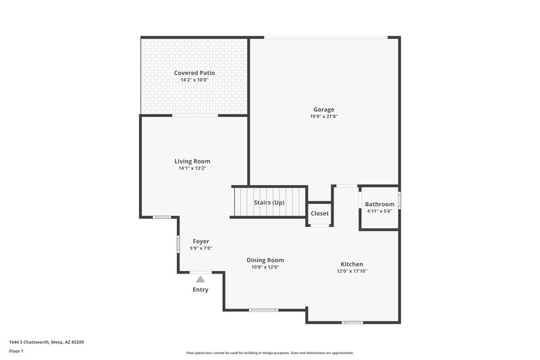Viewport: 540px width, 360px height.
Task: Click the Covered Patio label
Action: (194, 73)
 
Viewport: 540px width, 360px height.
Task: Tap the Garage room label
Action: (323, 109)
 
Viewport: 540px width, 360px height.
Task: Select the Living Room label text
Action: (192, 161)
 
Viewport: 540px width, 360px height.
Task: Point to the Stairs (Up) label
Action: (269, 203)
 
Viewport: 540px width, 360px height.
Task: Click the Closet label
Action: (319, 213)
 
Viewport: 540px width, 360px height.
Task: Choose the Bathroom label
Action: (379, 205)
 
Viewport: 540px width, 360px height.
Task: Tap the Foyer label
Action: (201, 241)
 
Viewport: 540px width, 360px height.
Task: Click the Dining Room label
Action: (265, 260)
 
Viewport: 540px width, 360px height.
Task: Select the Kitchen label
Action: (352, 264)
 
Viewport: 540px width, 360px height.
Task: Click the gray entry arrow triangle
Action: (200, 278)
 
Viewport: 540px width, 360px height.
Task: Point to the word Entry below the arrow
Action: (200, 290)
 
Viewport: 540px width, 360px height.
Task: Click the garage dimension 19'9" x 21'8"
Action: (323, 117)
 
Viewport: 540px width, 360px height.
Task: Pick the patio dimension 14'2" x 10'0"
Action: (194, 80)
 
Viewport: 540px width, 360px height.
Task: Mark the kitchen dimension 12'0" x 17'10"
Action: (352, 272)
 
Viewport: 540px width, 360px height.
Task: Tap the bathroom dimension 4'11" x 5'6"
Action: (379, 211)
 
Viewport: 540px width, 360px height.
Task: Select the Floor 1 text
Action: (16, 351)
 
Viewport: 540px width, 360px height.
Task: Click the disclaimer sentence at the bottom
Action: (269, 353)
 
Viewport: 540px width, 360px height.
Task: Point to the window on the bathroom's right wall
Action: (400, 201)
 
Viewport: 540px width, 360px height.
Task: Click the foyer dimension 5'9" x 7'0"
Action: (201, 249)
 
